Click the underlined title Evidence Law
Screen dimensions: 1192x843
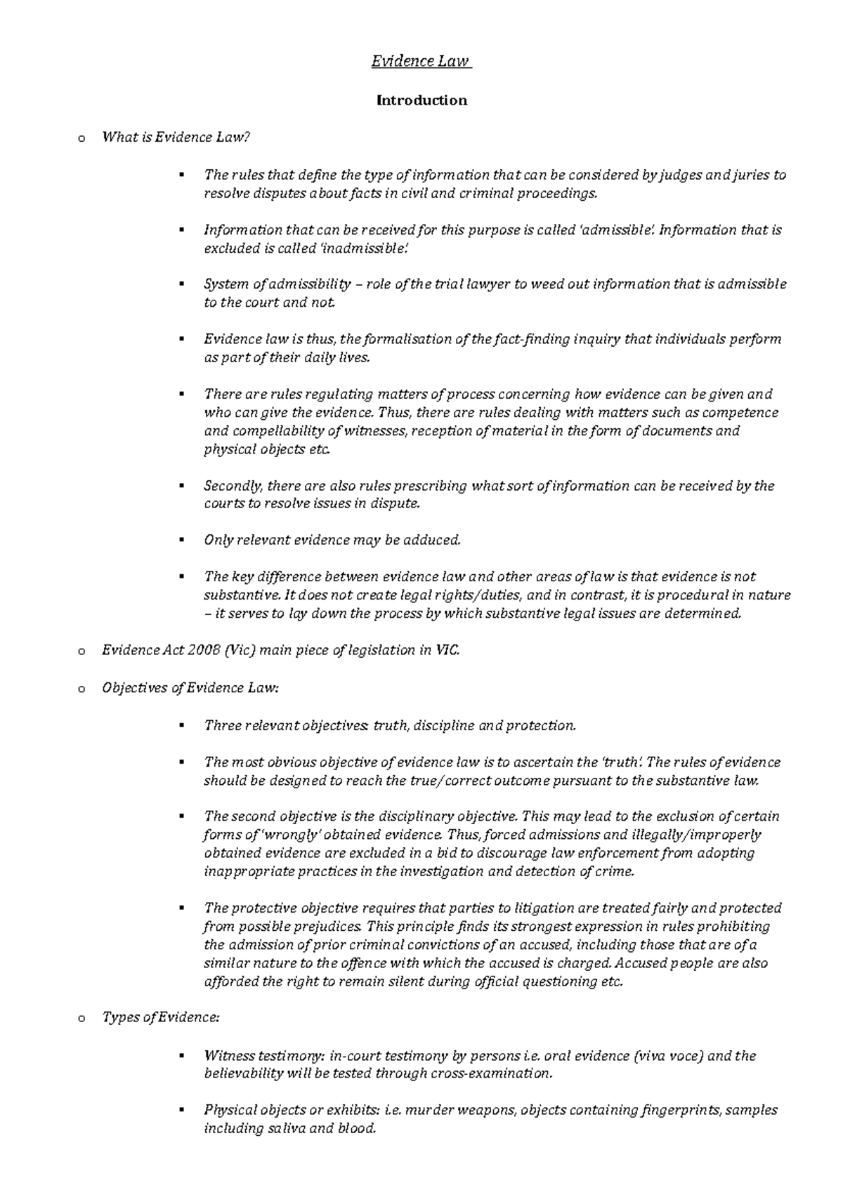(421, 62)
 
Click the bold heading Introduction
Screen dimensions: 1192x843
(421, 100)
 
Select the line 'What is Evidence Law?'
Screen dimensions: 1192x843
(176, 138)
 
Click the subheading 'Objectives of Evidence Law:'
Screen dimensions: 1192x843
(190, 689)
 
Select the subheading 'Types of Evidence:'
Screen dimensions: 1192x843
(161, 1018)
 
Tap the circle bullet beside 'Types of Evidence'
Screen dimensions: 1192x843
(81, 1019)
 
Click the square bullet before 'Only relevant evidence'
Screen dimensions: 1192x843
(182, 541)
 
